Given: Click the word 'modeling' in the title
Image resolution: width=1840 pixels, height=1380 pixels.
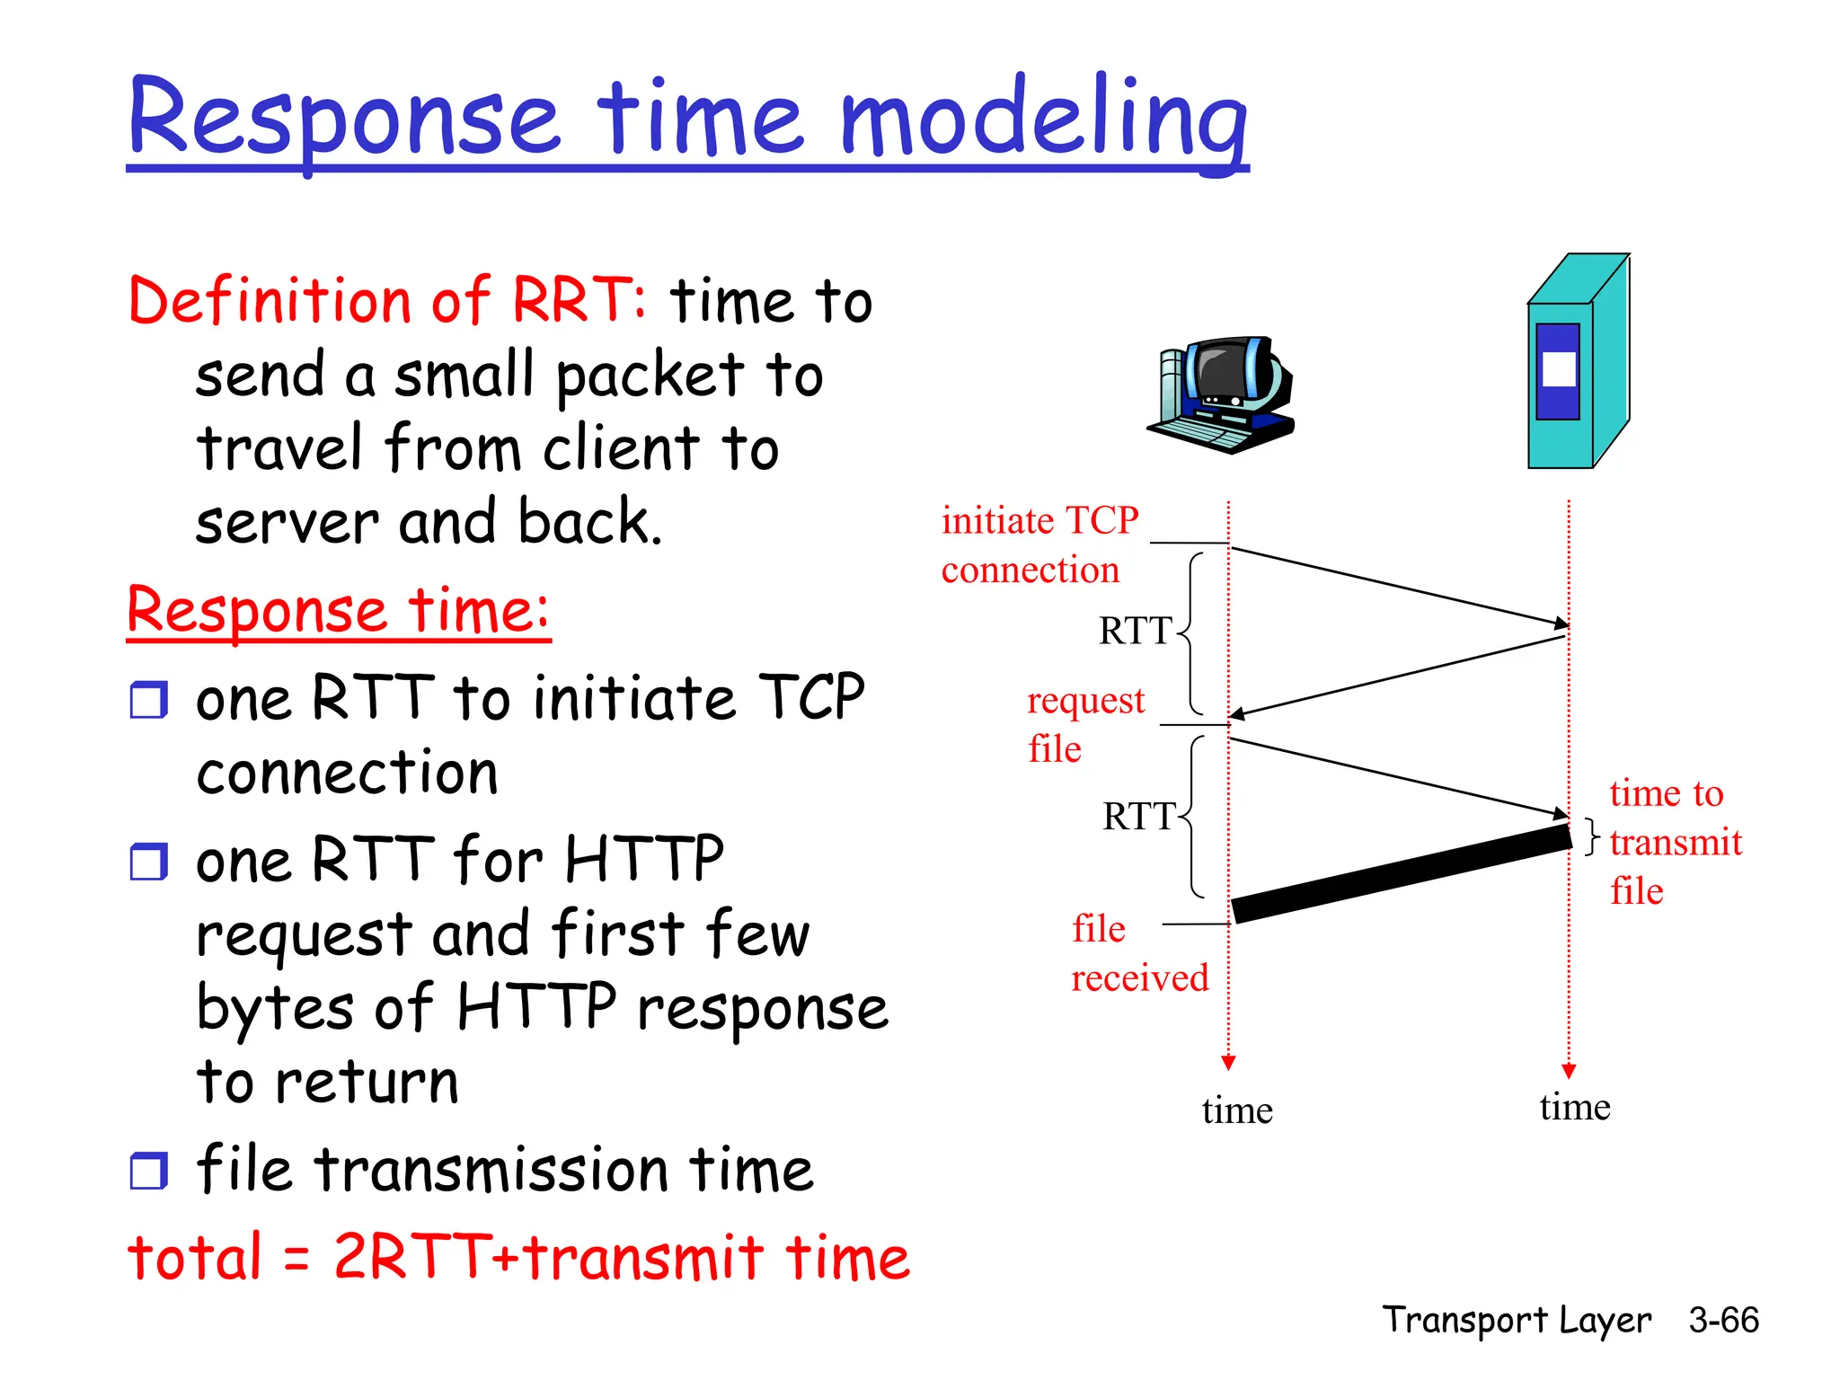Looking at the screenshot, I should click(1044, 119).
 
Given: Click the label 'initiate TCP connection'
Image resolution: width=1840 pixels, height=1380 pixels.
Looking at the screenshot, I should click(1039, 544).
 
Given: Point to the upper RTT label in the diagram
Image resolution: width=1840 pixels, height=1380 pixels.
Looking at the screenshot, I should click(1135, 631).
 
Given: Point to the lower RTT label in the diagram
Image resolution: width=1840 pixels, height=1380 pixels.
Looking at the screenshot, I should click(1138, 817).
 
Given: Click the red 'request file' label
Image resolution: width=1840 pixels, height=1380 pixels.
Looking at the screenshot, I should click(1084, 724).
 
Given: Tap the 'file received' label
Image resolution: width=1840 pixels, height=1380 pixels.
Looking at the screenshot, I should click(1139, 952).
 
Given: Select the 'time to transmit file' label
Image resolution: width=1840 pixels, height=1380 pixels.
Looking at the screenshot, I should click(1675, 842).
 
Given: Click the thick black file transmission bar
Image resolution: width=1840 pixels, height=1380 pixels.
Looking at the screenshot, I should click(1402, 874).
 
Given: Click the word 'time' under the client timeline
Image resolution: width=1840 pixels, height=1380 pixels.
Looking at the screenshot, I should click(1237, 1110).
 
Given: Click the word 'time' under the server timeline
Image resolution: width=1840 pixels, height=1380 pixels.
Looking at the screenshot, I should click(1574, 1107).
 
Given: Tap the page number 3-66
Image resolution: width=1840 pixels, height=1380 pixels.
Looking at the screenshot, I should click(1722, 1320).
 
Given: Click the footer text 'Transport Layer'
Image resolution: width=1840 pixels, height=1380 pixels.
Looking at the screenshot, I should click(1516, 1320).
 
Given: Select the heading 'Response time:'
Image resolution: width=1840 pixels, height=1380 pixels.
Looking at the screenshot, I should click(338, 611).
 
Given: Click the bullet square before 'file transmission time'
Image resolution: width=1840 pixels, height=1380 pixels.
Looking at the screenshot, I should click(148, 1172).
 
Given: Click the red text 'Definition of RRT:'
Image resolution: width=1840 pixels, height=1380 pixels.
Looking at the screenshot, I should click(386, 300).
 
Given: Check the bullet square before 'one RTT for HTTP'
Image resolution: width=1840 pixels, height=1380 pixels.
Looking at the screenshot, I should click(148, 862).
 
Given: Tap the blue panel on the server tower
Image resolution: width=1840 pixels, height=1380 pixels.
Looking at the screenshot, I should click(1557, 371).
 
